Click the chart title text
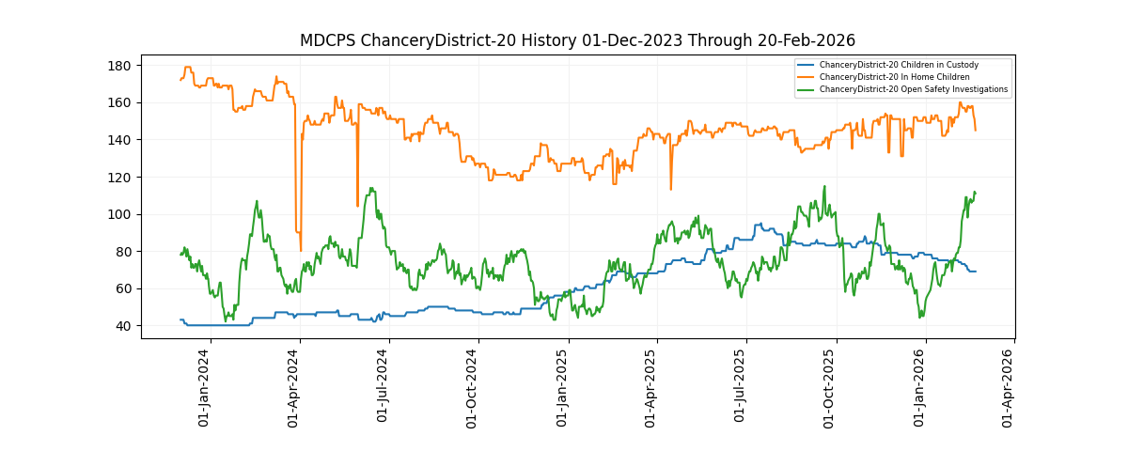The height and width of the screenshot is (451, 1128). pyautogui.click(x=577, y=40)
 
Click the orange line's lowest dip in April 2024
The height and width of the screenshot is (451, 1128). pyautogui.click(x=301, y=250)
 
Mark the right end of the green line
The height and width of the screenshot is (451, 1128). pyautogui.click(x=976, y=193)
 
